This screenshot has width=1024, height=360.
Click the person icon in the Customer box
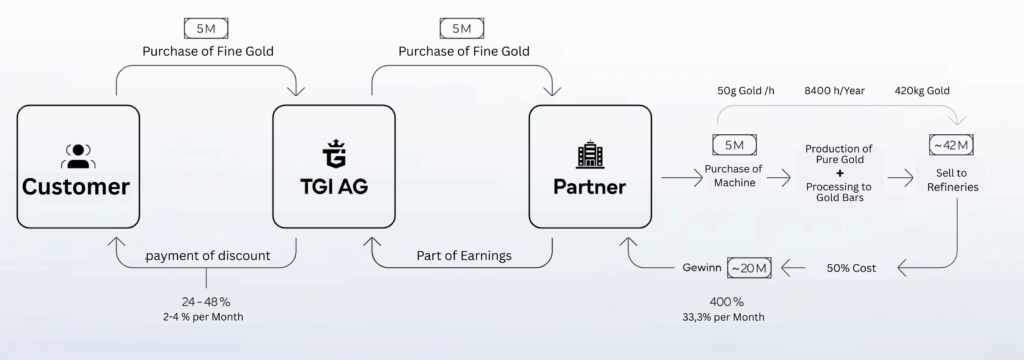pos(76,155)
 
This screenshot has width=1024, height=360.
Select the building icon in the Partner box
pos(588,155)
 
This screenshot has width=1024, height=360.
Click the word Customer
pos(76,187)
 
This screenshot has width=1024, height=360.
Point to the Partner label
pos(589,187)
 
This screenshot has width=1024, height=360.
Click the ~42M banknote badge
pos(951,146)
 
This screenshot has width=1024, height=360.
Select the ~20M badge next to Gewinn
pos(749,269)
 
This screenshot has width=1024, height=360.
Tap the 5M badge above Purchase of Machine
pos(734,145)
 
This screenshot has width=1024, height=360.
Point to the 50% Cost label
pos(853,269)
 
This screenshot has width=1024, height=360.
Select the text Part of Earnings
pos(463,256)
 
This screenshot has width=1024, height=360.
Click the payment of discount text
pos(208,256)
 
